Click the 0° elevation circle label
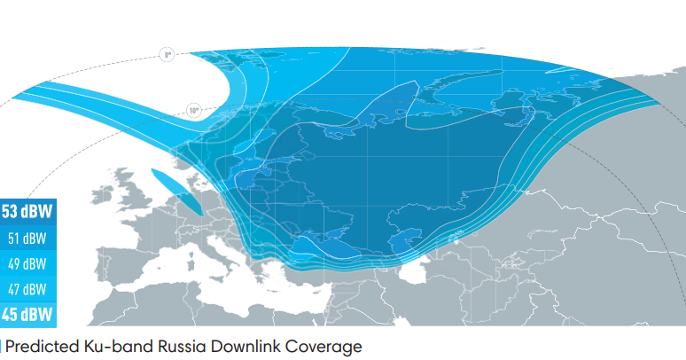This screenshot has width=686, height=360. tap(167, 55)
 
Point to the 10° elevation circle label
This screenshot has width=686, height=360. tap(194, 111)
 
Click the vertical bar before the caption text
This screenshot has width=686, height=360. tap(2, 346)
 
